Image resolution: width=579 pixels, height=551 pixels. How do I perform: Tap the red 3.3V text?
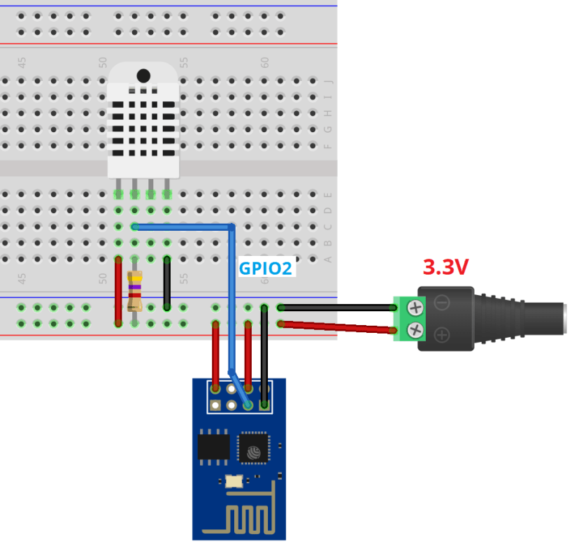point(445,267)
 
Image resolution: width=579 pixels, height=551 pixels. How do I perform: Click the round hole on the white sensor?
point(143,75)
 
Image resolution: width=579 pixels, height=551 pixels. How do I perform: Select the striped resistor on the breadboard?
point(135,291)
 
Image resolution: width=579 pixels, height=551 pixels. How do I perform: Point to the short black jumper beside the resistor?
point(167,283)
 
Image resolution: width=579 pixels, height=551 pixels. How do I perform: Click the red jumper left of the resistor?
point(118,291)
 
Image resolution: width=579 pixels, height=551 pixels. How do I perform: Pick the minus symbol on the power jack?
point(442,303)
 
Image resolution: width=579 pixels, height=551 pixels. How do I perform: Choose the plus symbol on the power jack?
point(442,334)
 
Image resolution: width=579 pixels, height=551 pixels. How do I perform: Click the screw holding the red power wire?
point(415,329)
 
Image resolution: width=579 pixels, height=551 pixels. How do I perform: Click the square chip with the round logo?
point(252,448)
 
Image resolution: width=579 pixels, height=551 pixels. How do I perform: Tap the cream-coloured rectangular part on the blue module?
point(233,481)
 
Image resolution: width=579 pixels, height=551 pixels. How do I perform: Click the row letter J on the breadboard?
point(329,82)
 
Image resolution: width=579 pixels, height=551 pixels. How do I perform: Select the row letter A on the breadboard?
point(329,259)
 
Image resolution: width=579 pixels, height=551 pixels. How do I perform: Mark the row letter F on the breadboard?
point(329,146)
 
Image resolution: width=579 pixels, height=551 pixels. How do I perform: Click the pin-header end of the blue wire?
point(248,404)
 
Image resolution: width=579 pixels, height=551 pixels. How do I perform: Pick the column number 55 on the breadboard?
point(184,62)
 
